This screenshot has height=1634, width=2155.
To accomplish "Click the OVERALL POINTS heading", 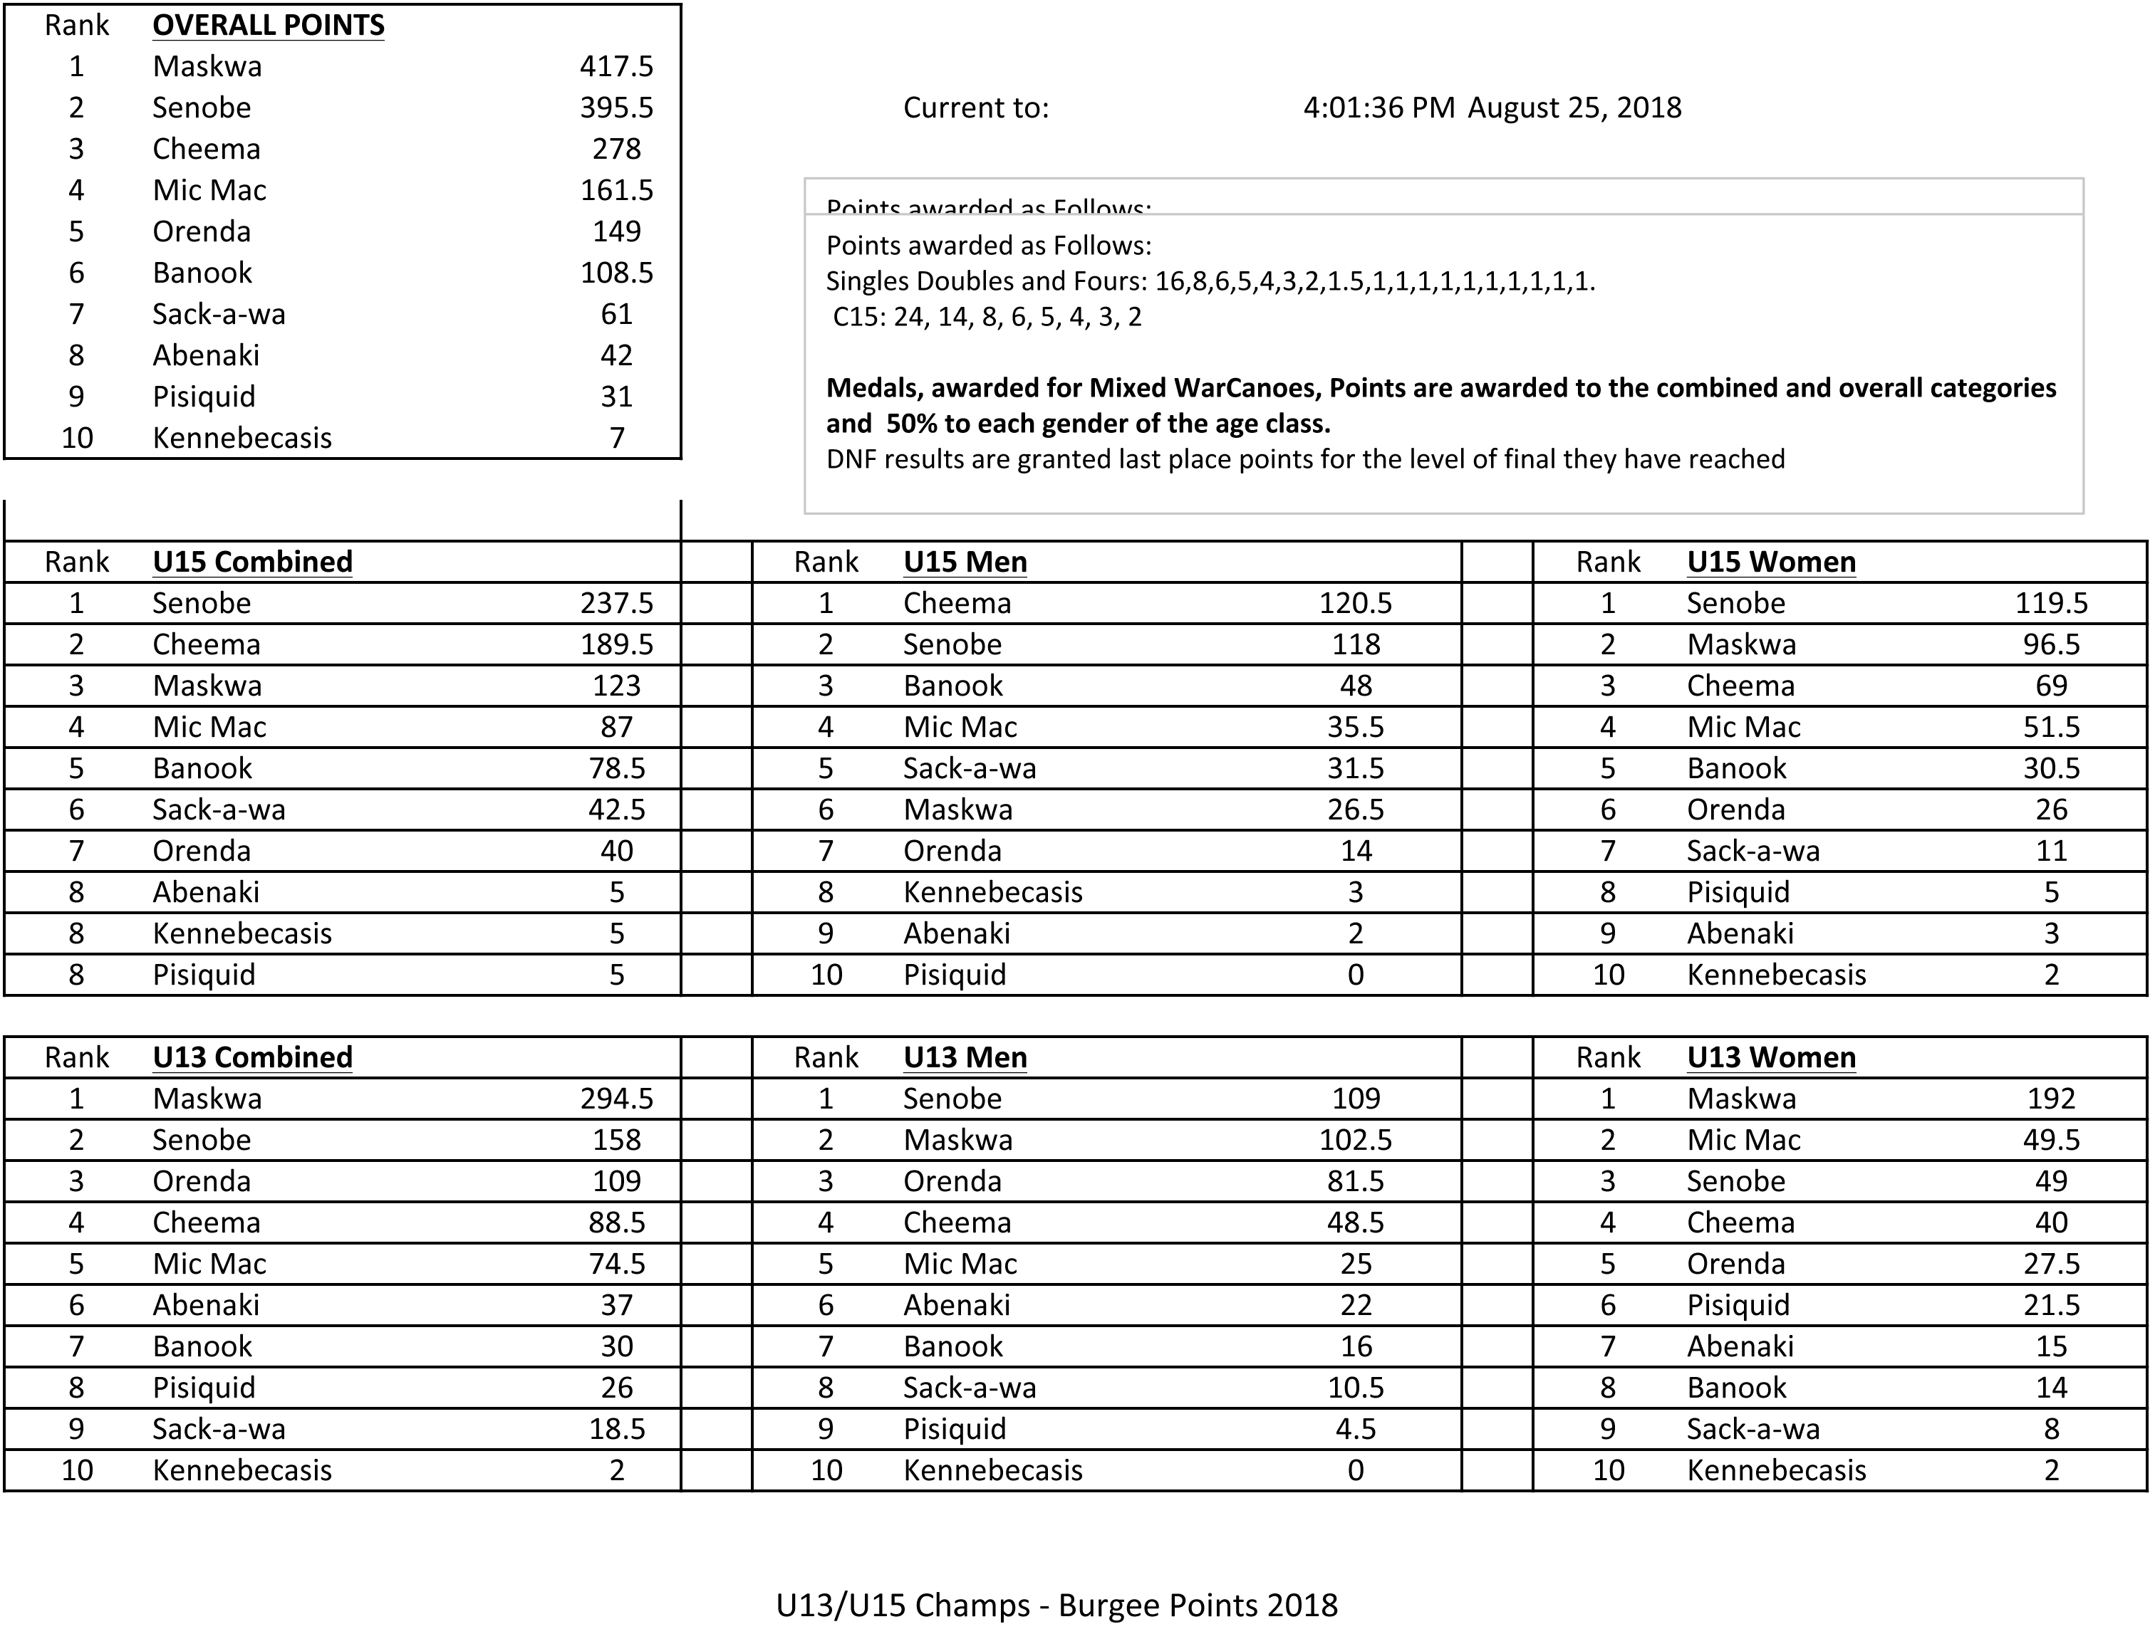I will [268, 26].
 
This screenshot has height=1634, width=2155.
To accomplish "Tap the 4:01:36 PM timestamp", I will [1378, 107].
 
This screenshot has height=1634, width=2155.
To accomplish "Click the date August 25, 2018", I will [1574, 107].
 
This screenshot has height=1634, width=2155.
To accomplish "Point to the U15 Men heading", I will [965, 562].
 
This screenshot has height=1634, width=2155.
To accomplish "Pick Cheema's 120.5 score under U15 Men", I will [1355, 603].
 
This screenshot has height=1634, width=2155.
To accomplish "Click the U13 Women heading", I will [1770, 1057].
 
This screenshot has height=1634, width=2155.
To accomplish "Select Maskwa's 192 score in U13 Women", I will [2051, 1099].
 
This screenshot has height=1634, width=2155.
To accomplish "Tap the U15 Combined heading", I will [252, 562].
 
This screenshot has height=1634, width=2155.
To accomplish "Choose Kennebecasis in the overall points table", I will [242, 438].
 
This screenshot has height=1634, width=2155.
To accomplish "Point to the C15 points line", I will [986, 318].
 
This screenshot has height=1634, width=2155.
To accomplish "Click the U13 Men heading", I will [965, 1057].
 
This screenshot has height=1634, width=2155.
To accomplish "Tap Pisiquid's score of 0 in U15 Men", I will [1355, 975].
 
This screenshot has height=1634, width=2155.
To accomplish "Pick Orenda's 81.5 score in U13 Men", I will [1355, 1181].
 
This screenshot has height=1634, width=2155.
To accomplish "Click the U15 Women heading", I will [1770, 562].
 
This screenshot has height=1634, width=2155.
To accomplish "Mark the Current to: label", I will [975, 107].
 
